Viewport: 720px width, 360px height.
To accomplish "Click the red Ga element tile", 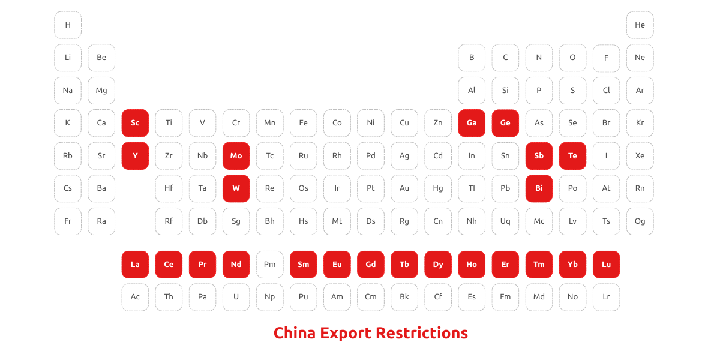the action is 472,123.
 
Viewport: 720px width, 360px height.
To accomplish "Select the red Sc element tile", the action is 135,123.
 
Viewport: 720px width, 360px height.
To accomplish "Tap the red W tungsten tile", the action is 236,188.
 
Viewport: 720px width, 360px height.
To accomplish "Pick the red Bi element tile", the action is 539,188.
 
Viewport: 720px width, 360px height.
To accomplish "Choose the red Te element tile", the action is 572,156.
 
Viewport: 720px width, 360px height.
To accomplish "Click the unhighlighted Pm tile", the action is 269,265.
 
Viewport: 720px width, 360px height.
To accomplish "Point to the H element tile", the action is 68,25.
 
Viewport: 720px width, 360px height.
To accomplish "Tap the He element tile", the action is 640,25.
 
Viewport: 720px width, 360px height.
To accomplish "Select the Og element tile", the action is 640,221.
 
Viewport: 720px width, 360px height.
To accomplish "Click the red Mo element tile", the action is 236,156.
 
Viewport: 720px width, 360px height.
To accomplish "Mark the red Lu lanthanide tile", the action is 606,265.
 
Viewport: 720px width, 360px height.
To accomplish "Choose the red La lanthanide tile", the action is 135,265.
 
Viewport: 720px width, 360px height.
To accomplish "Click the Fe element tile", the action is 303,123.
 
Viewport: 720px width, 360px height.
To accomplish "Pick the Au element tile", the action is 404,188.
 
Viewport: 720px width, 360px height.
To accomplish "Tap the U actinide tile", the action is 236,297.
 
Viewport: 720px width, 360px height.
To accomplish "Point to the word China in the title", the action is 294,333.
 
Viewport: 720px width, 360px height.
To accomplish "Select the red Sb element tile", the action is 539,156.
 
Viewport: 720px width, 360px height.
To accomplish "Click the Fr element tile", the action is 68,221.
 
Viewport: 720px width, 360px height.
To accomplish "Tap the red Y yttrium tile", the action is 135,156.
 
